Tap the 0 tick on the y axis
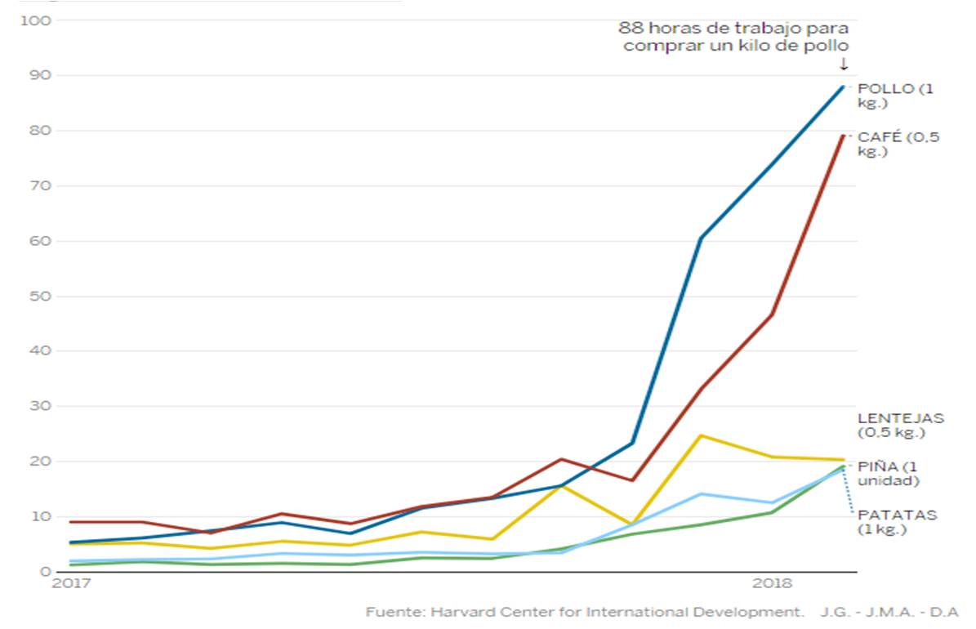coord(46,571)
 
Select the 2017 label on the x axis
coord(70,584)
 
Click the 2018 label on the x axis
coord(771,584)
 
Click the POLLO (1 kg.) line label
coord(894,96)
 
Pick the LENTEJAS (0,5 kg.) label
coord(900,425)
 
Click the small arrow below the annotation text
coord(844,64)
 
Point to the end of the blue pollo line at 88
coord(842,87)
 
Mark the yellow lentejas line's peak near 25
coord(701,435)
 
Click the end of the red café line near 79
coord(842,136)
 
